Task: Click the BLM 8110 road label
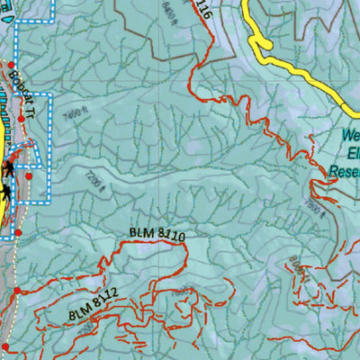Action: pos(157,235)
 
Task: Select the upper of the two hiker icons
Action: pos(8,168)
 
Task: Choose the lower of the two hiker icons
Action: pos(8,191)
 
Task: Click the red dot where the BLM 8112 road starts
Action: pos(16,291)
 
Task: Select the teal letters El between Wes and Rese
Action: pos(351,152)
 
